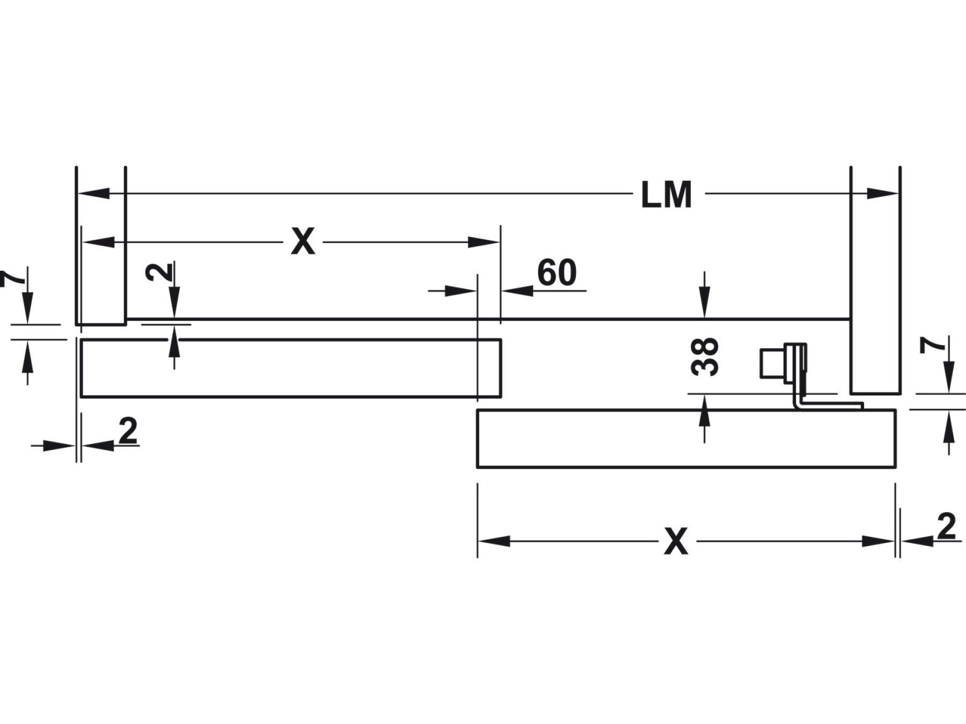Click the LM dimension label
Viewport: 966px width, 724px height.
tap(667, 195)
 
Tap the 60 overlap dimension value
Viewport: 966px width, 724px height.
tap(557, 273)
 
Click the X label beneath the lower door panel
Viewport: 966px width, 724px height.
tap(676, 542)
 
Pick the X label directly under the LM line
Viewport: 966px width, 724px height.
tap(303, 242)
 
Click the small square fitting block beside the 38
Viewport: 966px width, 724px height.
tap(772, 364)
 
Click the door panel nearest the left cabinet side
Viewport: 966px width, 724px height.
tap(290, 368)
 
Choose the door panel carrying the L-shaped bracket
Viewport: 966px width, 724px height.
tap(686, 439)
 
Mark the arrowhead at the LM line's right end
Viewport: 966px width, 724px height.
tap(883, 194)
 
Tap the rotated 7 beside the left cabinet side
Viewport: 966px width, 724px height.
tap(12, 277)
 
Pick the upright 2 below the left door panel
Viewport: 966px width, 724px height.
tap(128, 431)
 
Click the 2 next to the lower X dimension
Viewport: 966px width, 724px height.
tap(946, 527)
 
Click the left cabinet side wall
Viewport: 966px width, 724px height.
tap(101, 247)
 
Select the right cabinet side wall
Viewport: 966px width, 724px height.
tap(875, 279)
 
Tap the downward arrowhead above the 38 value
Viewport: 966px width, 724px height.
tap(705, 308)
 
